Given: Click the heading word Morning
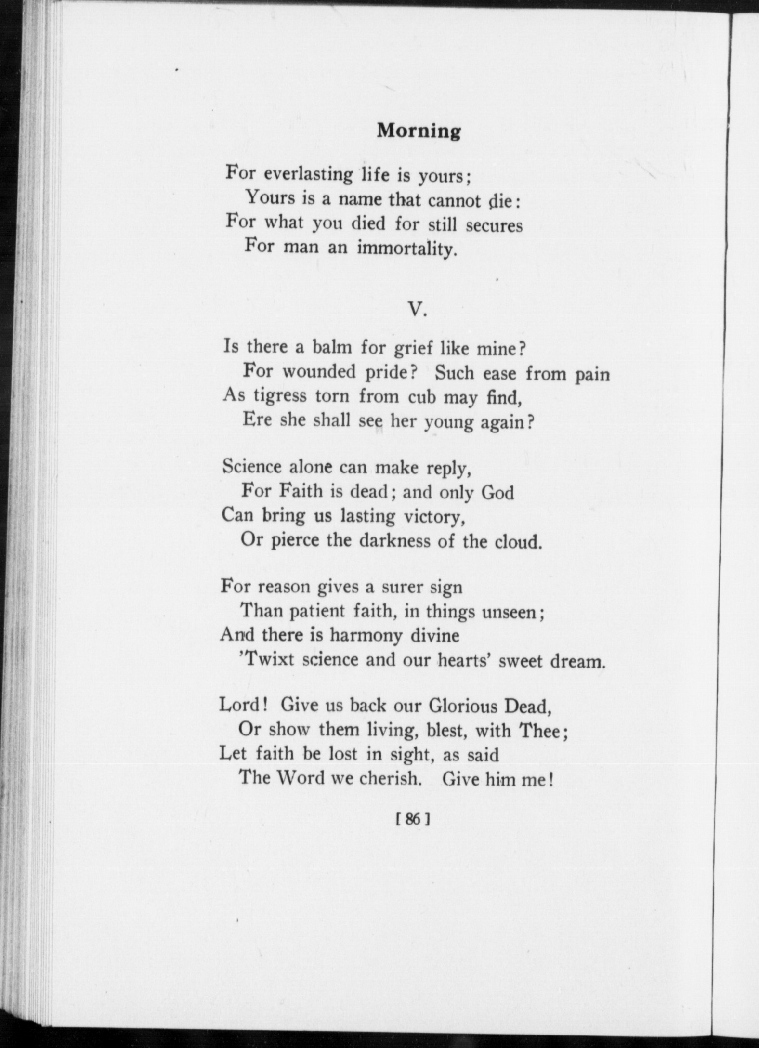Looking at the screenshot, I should point(419,131).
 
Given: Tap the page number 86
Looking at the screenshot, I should point(413,818).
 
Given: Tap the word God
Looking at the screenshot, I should point(498,493).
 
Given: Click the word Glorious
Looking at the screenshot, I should point(462,707).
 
